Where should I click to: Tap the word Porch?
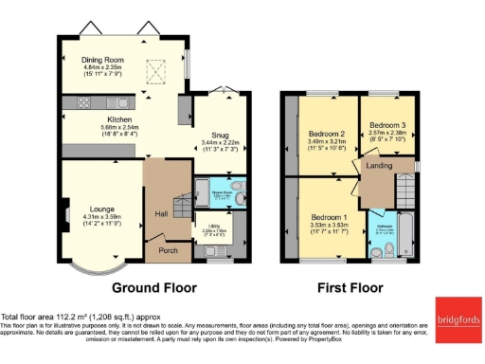click(168, 251)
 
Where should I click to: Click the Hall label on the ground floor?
click(161, 212)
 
